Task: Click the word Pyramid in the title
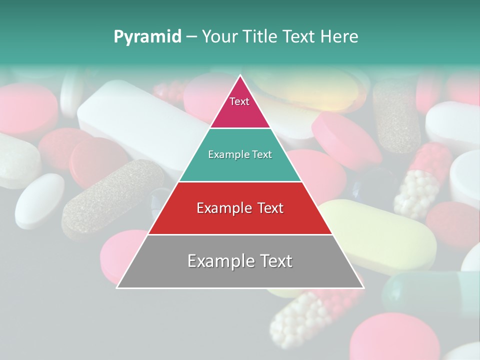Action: (x=147, y=36)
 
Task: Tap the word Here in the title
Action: (x=339, y=36)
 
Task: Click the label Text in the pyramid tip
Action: (x=239, y=101)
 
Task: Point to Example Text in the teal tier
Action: (x=240, y=154)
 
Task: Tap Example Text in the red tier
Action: (x=240, y=208)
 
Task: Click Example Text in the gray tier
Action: (x=240, y=261)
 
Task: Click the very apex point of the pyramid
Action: (x=240, y=75)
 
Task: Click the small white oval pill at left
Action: (x=39, y=200)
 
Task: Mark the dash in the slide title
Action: (x=191, y=36)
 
